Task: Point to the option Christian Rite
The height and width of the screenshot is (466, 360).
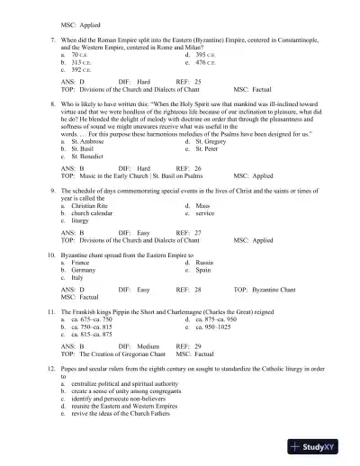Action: pyautogui.click(x=88, y=206)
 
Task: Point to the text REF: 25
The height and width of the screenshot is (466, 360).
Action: pyautogui.click(x=188, y=81)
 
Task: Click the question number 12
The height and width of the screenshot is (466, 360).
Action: pyautogui.click(x=51, y=371)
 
